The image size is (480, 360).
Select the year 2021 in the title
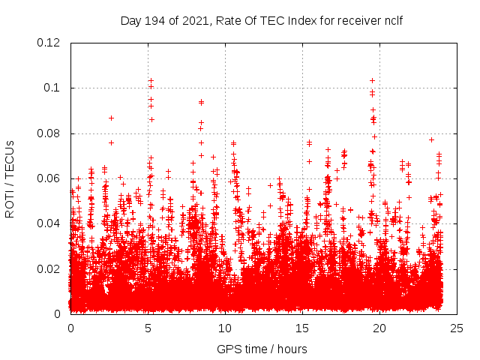[x=190, y=21]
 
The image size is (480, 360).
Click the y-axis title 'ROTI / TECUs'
[x=10, y=178]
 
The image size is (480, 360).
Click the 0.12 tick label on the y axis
[x=49, y=43]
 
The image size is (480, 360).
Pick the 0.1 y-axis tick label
[x=52, y=88]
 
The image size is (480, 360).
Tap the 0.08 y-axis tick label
[x=49, y=133]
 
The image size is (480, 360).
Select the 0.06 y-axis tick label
[x=49, y=178]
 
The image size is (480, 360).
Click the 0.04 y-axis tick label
[x=49, y=223]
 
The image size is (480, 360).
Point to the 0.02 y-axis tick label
[x=49, y=268]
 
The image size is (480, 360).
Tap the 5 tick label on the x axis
[x=148, y=328]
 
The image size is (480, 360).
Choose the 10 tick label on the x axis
[x=225, y=328]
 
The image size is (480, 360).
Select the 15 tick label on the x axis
[x=302, y=328]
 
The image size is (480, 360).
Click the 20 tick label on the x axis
[x=379, y=328]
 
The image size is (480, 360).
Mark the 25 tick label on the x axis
[x=457, y=328]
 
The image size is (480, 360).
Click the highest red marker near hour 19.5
[x=372, y=80]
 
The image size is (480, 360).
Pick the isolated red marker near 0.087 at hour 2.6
[x=111, y=118]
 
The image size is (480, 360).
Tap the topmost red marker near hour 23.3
[x=431, y=139]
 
